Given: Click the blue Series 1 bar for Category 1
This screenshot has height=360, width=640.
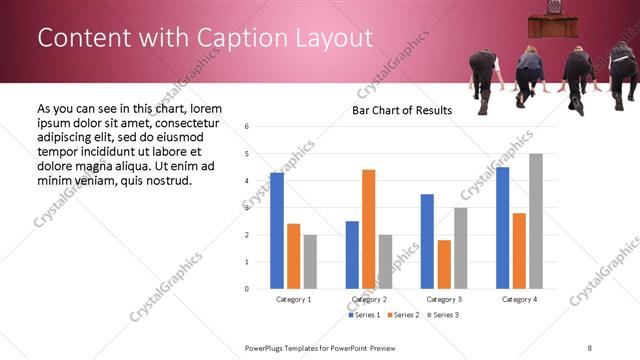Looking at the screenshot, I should coord(277,231).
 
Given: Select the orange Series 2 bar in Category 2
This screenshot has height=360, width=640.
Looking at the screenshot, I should coord(369,229).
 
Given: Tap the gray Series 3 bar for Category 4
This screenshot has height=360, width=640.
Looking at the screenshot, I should coord(536,221).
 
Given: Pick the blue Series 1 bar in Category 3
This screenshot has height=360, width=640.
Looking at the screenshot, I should coord(427,241).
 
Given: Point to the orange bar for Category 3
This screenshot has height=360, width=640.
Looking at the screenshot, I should coord(444,264).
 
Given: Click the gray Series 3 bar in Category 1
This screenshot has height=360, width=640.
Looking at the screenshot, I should coord(311,262).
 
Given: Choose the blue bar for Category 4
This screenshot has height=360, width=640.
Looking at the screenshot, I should coord(502,228).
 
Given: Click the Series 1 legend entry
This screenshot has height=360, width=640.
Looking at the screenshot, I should coord(364,315).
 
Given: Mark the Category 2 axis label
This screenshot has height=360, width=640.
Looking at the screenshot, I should coord(369,299).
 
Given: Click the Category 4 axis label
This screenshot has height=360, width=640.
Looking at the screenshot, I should coord(519,299).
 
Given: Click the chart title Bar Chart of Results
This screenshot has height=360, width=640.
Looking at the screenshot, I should coord(402,110).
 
